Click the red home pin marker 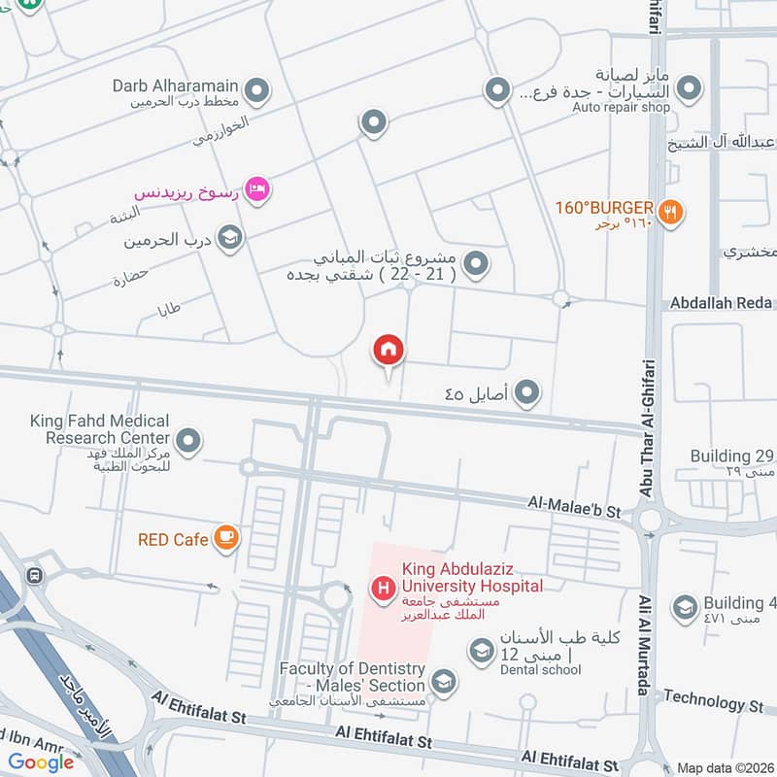pyautogui.click(x=388, y=351)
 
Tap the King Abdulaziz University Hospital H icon pyautogui.click(x=384, y=588)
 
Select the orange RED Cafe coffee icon pyautogui.click(x=226, y=538)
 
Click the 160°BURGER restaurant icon pyautogui.click(x=670, y=210)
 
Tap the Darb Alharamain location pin pyautogui.click(x=256, y=91)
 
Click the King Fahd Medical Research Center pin pyautogui.click(x=189, y=440)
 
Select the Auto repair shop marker pyautogui.click(x=689, y=90)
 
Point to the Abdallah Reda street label pyautogui.click(x=722, y=303)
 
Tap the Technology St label pyautogui.click(x=718, y=700)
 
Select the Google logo pyautogui.click(x=41, y=762)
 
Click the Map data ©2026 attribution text pyautogui.click(x=724, y=767)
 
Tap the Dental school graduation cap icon pyautogui.click(x=480, y=650)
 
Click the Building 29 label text pyautogui.click(x=733, y=456)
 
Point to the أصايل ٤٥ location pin pyautogui.click(x=526, y=392)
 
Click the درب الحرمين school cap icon pyautogui.click(x=229, y=238)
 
